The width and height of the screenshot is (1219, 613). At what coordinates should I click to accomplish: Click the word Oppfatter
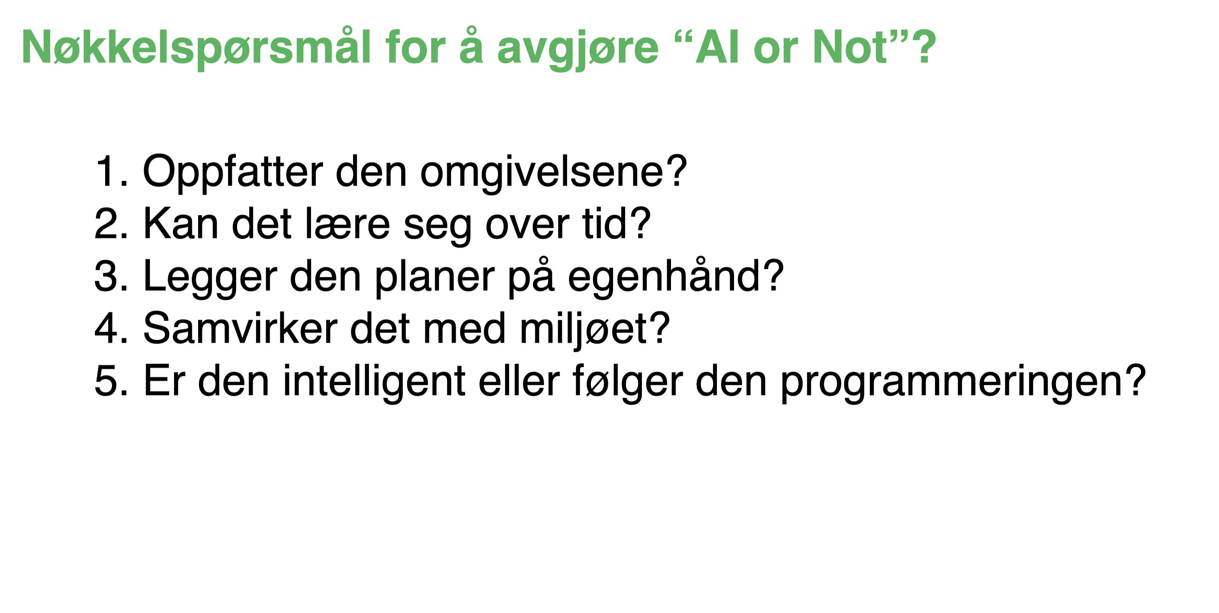[x=233, y=172]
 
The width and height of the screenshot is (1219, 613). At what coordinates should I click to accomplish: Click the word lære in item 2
[x=347, y=224]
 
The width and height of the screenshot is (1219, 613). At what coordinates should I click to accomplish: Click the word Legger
[x=210, y=277]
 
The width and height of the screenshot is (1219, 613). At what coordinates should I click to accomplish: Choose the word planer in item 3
[x=434, y=277]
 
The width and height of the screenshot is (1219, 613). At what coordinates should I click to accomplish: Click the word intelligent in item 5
[x=374, y=382]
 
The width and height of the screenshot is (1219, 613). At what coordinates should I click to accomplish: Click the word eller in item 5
[x=519, y=382]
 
